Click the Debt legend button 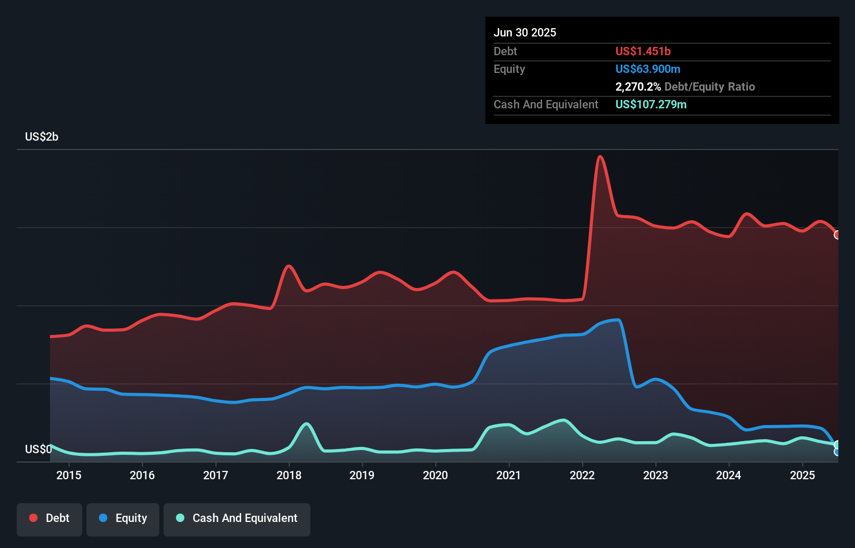49,518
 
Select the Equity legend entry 123,518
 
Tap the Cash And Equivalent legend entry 237,518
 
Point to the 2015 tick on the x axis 69,475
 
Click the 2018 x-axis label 289,475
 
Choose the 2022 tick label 582,475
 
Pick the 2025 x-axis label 802,475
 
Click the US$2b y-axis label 42,137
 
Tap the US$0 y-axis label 38,449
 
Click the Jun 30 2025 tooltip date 525,33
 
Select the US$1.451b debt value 643,51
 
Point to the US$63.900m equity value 647,69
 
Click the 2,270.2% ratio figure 638,86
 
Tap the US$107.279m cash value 650,104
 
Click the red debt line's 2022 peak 600,156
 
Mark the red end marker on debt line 837,235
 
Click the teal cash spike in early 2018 307,424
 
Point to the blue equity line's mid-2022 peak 618,320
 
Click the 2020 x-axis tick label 435,475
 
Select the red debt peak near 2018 288,266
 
